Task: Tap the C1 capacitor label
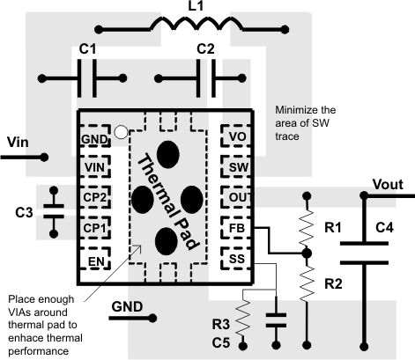point(89,52)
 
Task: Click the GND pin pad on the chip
point(96,139)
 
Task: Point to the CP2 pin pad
point(96,199)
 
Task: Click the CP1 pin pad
point(96,230)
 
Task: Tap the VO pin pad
point(235,139)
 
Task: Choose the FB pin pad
point(235,230)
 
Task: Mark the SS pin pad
point(235,261)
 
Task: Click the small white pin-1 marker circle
point(131,133)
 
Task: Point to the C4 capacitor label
point(384,228)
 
